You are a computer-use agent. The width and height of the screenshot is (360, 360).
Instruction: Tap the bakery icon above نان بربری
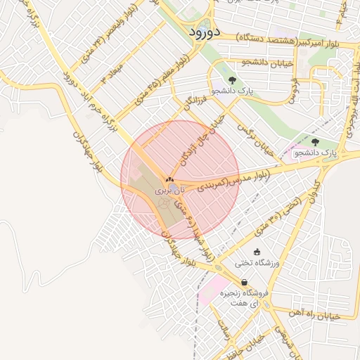[169, 181]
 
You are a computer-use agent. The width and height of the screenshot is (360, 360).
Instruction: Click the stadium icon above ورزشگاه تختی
[257, 252]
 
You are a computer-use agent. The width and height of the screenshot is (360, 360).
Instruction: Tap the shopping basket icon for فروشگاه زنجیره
[244, 282]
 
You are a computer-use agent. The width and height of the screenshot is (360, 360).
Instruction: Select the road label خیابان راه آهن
[314, 316]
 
